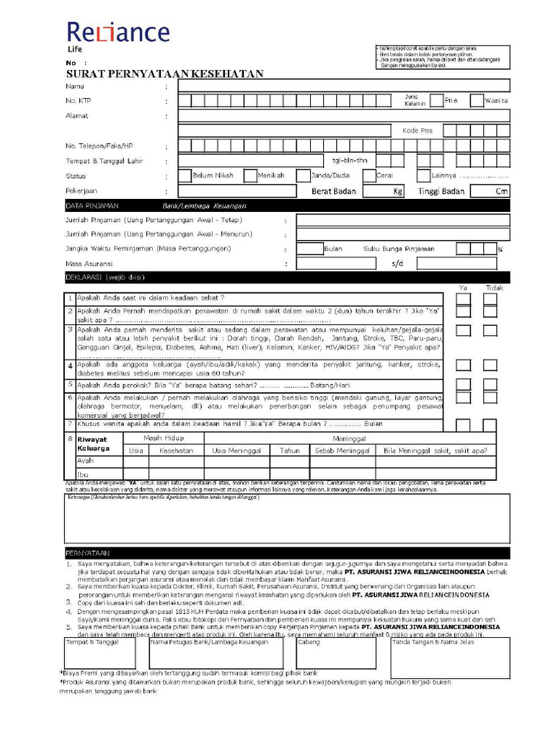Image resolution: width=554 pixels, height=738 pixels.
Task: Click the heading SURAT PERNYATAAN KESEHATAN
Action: coord(164,74)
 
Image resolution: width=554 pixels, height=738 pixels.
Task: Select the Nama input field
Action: coord(343,86)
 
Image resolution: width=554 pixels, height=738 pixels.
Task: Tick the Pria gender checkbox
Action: coord(436,100)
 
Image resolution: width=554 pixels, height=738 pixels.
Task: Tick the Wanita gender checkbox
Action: coord(477,100)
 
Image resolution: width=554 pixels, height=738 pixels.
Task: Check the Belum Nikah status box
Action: coord(185,175)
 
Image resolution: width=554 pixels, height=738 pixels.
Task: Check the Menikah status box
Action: coord(250,175)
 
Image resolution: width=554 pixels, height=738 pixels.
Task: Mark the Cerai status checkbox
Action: coord(369,175)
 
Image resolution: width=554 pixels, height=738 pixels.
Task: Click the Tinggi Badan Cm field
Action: coord(490,191)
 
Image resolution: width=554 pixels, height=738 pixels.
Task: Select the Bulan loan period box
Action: coord(310,249)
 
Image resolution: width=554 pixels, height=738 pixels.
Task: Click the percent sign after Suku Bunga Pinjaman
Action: coord(500,249)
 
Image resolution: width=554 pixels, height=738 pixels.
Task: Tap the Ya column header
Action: coord(463,288)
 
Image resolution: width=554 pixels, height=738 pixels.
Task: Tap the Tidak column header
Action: coord(493,288)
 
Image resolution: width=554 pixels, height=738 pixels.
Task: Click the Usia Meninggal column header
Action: coord(237,450)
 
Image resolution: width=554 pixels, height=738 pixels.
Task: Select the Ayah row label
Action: coord(85,461)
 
